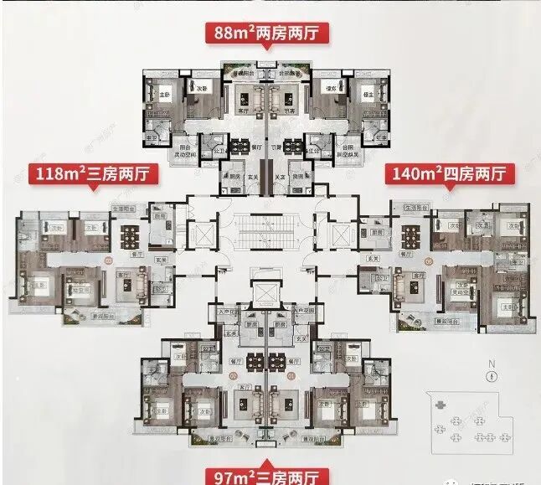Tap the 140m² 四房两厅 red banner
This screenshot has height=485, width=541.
[x=448, y=174]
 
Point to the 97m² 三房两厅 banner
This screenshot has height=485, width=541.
[x=267, y=473]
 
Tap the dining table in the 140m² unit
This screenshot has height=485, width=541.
[x=410, y=232]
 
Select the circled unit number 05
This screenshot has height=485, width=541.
[x=430, y=261]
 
